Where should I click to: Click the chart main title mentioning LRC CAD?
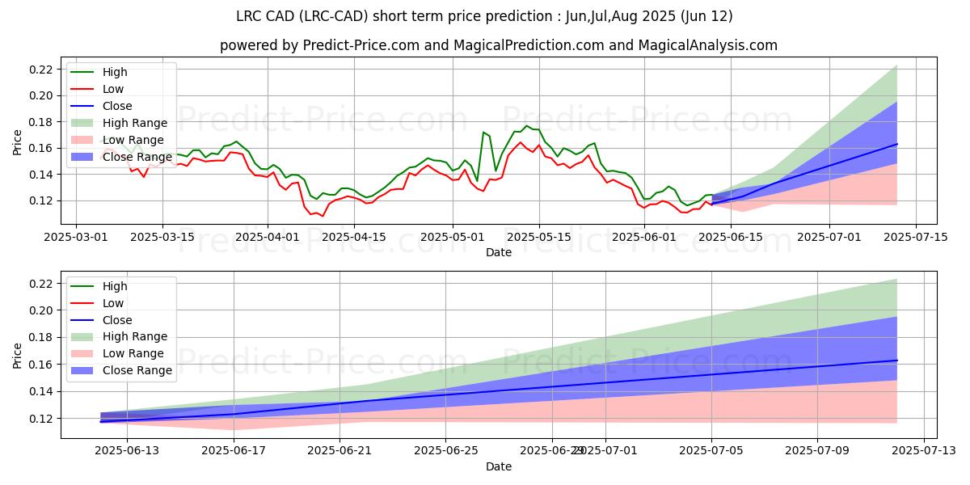pos(485,16)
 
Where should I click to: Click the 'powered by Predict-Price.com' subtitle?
pos(499,45)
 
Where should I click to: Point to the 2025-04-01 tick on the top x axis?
pos(268,237)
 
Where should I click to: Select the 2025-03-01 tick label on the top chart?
pos(76,237)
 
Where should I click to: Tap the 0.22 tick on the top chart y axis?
pos(40,70)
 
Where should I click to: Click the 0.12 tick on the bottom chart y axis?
pos(40,419)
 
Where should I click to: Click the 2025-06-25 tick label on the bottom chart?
pos(445,451)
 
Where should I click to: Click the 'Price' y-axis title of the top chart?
pos(18,143)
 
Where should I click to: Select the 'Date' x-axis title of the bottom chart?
pos(499,466)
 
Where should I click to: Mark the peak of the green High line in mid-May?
pos(527,125)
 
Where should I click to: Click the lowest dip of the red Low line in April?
pos(323,216)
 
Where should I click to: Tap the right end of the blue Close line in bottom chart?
pos(897,361)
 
